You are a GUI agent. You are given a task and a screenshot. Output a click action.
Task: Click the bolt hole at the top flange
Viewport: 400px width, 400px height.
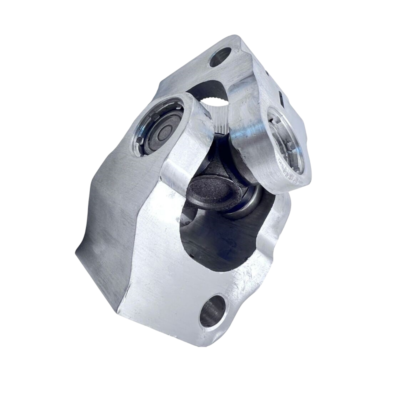click(220, 57)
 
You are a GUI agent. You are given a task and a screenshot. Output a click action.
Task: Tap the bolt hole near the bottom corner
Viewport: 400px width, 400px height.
click(212, 310)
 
